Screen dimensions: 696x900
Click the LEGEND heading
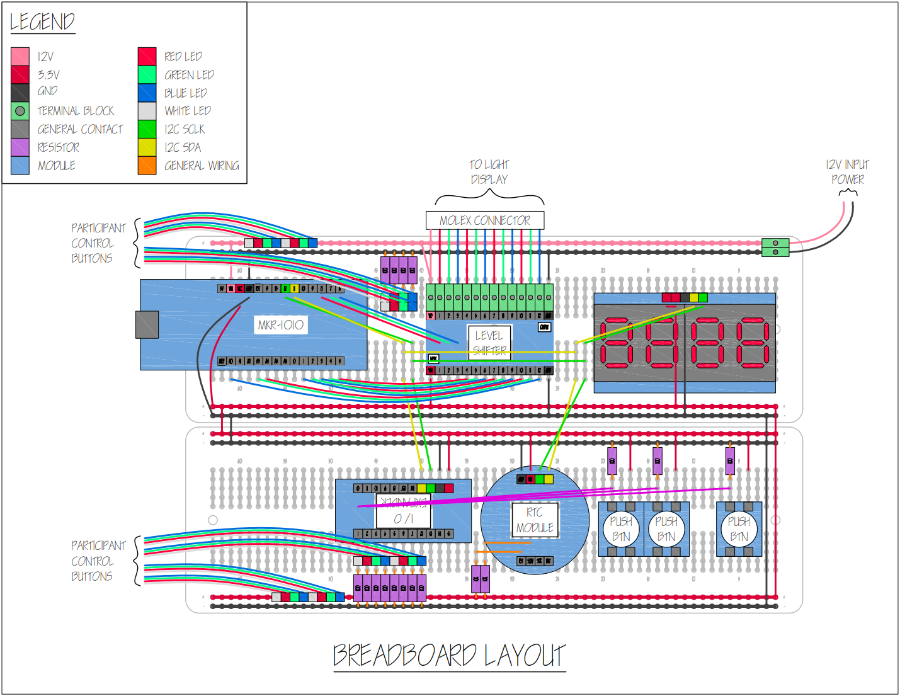coord(42,23)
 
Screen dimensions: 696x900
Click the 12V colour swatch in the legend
coord(20,57)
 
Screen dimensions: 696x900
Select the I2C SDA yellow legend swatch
coord(147,147)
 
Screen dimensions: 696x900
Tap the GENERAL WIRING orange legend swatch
coord(147,166)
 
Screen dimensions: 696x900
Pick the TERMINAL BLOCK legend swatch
coord(20,111)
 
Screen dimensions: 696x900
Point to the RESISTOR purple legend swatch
coord(20,147)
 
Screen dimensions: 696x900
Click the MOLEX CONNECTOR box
coord(484,220)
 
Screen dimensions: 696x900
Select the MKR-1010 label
coord(281,325)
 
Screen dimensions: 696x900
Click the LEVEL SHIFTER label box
coord(489,343)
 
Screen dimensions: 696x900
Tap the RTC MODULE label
coord(535,520)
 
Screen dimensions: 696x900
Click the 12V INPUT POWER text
coord(847,172)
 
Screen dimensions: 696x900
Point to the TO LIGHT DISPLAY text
coord(489,172)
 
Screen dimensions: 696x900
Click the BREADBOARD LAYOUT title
coord(449,656)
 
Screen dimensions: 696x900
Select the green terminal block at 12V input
coord(775,248)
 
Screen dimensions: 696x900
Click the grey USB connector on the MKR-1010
coord(147,324)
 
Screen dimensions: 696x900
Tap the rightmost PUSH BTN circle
coord(739,529)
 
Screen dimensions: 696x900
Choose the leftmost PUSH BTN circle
coord(621,529)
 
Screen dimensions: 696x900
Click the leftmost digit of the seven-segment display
coord(616,342)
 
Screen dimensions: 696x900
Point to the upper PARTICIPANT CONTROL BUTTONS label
coord(98,243)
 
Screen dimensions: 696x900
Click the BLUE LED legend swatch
coord(147,93)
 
